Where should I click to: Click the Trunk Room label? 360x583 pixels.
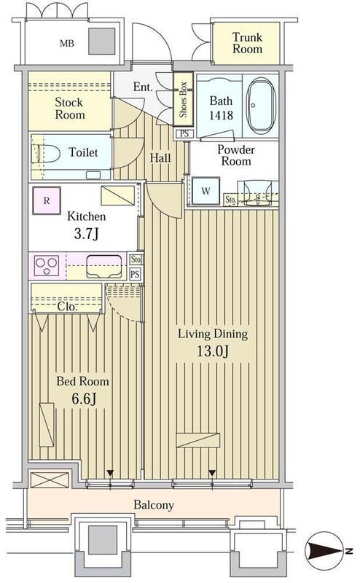[x=247, y=43]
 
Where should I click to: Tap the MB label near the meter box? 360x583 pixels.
[x=67, y=44]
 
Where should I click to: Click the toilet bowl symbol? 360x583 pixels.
[x=47, y=153]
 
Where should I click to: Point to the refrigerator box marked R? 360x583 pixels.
[x=47, y=201]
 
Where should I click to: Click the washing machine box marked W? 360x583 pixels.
[x=206, y=191]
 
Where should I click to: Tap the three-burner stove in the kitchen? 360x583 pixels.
[x=47, y=265]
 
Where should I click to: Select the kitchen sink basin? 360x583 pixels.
[x=104, y=266]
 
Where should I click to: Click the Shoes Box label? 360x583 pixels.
[x=183, y=99]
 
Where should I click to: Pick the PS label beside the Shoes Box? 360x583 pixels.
[x=184, y=133]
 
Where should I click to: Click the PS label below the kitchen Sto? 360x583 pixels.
[x=136, y=275]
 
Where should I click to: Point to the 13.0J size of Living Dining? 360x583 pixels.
[x=212, y=351]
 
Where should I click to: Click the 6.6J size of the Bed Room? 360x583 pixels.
[x=84, y=399]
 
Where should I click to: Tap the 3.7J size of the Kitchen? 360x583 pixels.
[x=86, y=233]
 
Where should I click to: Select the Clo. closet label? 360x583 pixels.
[x=68, y=307]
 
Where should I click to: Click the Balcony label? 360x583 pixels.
[x=154, y=505]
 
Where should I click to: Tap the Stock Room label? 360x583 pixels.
[x=69, y=108]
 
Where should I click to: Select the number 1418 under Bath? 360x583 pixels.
[x=221, y=115]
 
